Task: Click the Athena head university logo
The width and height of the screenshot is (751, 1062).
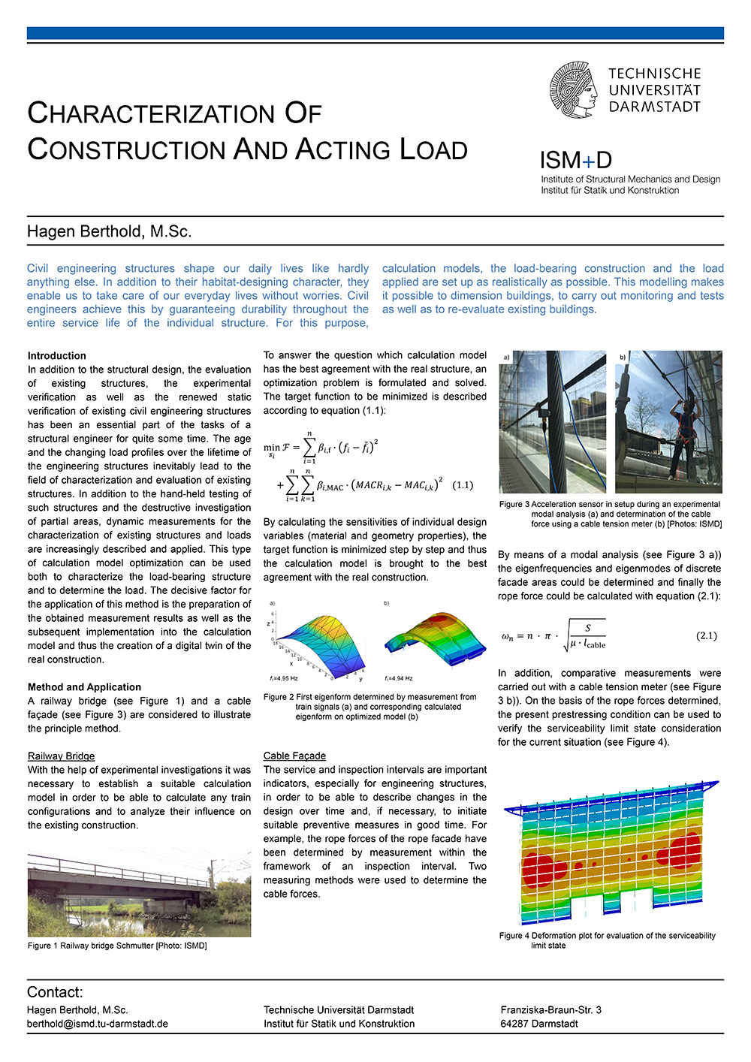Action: tap(575, 90)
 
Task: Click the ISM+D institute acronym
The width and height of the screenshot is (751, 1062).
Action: tap(576, 160)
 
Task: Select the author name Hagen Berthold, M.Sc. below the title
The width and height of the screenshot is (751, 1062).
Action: tap(110, 231)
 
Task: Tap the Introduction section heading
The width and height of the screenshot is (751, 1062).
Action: tap(57, 356)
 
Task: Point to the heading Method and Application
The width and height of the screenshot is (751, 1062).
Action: tap(84, 687)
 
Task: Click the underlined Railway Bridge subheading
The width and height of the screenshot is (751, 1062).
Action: tap(62, 756)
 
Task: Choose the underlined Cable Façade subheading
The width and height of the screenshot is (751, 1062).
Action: tap(294, 756)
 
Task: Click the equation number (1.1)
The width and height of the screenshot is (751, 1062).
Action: tap(463, 485)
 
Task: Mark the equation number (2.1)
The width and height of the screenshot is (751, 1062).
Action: tap(706, 635)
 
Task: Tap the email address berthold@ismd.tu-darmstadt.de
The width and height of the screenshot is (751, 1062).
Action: tap(98, 1024)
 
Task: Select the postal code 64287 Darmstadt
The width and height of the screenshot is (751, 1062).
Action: tap(539, 1024)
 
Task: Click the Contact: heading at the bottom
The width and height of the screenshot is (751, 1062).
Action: tap(55, 992)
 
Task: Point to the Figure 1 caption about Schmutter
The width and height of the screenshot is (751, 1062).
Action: tap(117, 946)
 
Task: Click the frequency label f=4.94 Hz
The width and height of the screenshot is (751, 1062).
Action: tap(398, 678)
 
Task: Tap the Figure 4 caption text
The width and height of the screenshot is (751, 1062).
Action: tap(607, 940)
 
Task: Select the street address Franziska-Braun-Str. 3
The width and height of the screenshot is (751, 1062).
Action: tap(551, 1010)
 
